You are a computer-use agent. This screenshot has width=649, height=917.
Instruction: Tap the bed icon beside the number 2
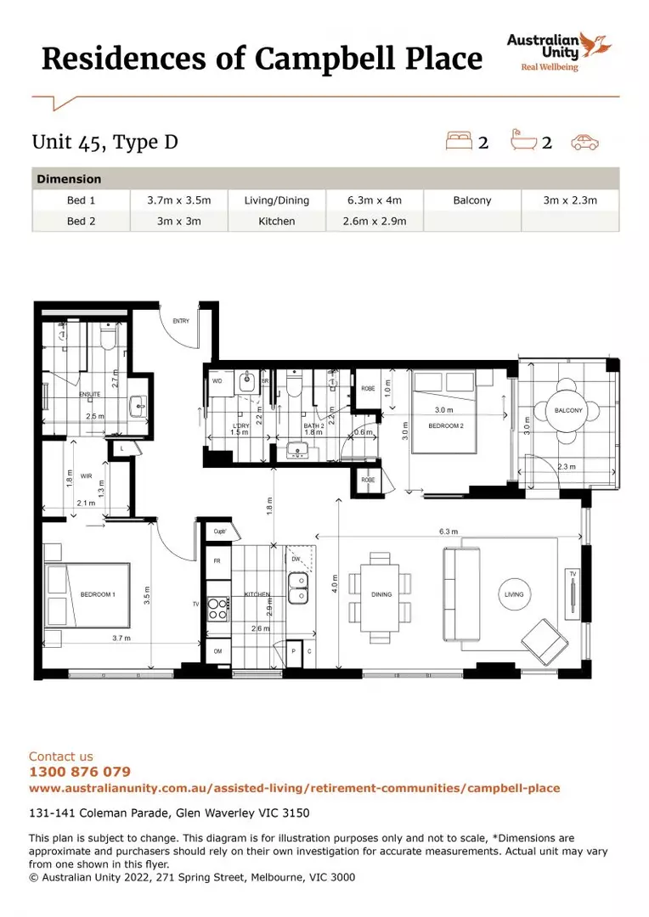460,141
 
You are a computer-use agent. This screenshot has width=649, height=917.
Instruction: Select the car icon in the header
585,142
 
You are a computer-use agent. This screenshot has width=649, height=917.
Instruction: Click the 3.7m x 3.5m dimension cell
178,200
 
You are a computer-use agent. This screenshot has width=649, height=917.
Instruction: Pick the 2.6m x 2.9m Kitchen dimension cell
375,221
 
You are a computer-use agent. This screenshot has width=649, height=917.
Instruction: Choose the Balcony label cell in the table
471,200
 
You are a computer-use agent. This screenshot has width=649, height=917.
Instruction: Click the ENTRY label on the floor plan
181,321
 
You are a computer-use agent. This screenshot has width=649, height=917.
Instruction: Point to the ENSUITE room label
90,394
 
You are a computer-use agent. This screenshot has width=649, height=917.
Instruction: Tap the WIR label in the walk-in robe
86,476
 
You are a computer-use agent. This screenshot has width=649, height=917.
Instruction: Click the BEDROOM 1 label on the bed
98,594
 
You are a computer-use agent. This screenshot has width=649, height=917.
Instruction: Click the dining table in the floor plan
381,594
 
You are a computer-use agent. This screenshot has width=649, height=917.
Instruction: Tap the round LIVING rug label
513,594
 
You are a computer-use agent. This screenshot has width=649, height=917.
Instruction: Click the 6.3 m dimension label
449,532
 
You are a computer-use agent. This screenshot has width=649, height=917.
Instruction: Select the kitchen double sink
298,588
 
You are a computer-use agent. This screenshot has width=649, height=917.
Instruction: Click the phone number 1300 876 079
80,772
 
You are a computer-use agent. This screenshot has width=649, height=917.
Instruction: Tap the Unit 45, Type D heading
105,141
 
